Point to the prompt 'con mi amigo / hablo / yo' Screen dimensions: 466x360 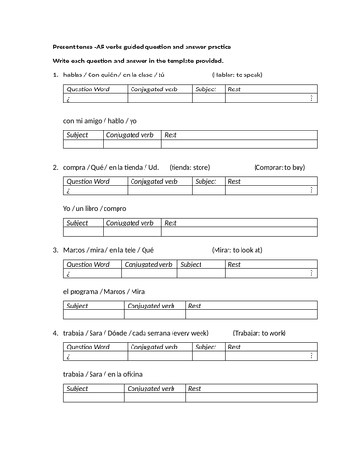pos(100,121)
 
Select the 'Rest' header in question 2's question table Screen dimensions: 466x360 pos(234,180)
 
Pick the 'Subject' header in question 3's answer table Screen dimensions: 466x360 pos(77,306)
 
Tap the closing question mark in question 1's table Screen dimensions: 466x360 pos(311,98)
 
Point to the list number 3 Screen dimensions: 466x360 pos(56,250)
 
